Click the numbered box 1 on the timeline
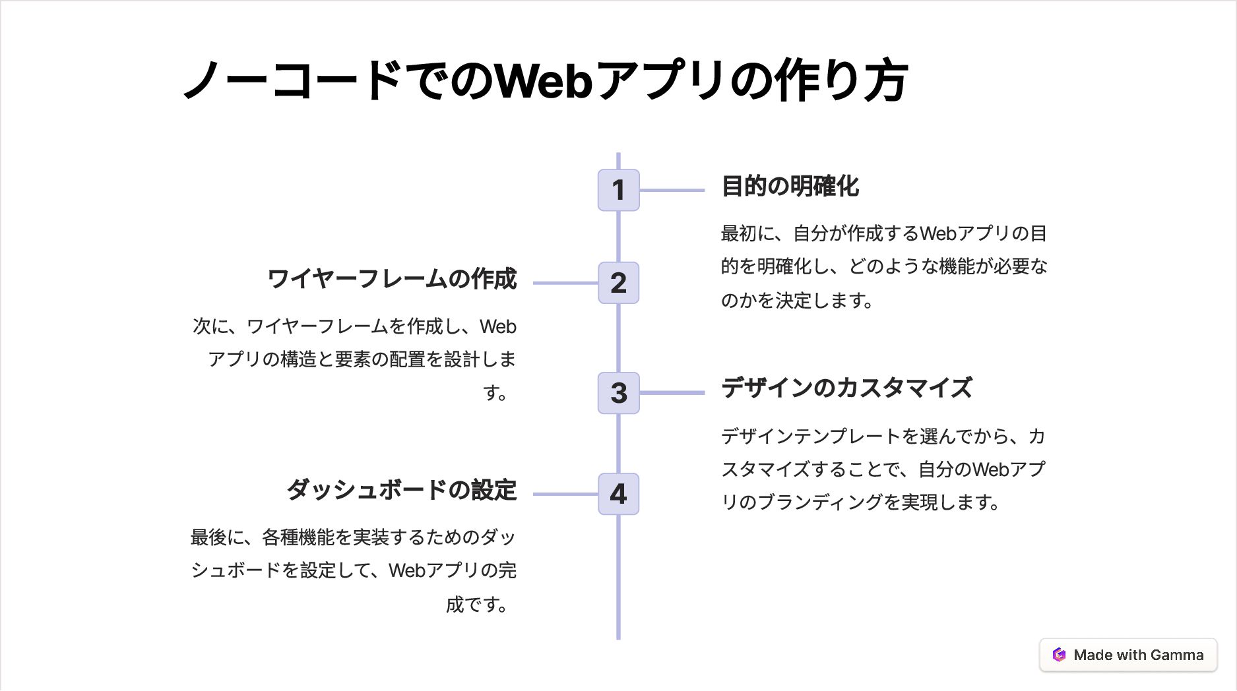618,190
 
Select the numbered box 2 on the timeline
618,283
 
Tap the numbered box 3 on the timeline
618,393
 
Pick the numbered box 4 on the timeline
618,494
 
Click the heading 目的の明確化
790,187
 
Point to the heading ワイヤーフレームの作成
392,279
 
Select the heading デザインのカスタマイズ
846,388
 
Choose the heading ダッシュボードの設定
401,490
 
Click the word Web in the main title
544,81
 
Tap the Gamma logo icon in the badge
1059,655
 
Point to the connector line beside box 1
672,190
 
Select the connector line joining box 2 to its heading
565,283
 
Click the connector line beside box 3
672,393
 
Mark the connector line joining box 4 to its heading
565,494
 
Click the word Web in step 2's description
498,326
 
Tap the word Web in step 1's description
937,233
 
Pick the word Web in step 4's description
407,570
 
